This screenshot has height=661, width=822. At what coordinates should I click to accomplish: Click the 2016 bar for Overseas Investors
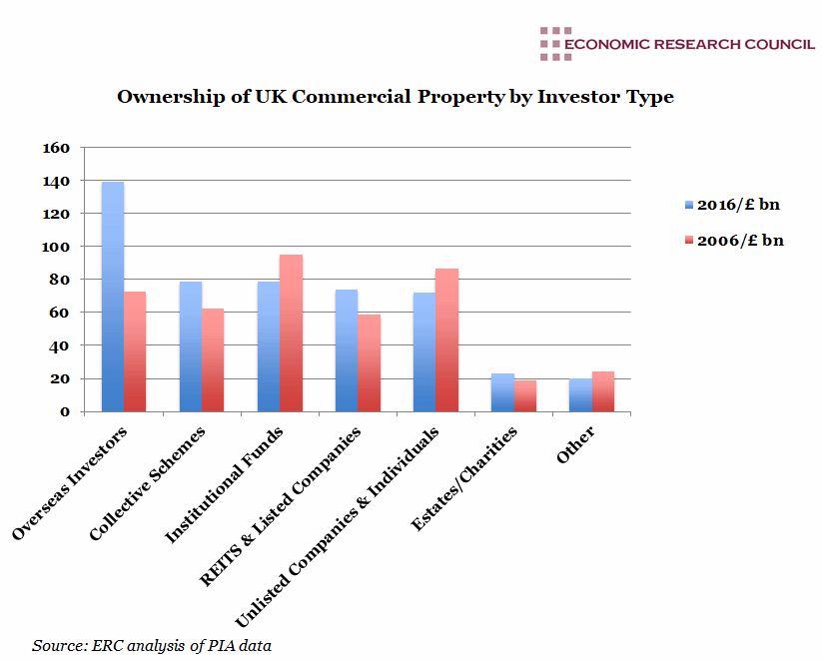[112, 297]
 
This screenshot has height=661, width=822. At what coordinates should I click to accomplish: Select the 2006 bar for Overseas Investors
[135, 351]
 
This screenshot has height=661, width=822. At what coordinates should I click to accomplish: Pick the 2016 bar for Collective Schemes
[190, 346]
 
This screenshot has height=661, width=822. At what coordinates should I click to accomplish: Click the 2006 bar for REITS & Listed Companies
[369, 362]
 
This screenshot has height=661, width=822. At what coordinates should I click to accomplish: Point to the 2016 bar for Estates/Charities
[501, 392]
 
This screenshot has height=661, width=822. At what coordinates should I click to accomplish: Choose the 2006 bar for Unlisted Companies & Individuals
[446, 339]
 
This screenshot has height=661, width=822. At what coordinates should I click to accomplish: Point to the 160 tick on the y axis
[57, 148]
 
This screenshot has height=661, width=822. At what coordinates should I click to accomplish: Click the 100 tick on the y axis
[57, 247]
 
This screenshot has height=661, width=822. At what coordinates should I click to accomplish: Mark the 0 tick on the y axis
[64, 411]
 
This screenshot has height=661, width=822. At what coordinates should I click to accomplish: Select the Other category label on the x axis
[578, 446]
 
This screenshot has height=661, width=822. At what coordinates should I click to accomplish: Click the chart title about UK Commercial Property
[396, 97]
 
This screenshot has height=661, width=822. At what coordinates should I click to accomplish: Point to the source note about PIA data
[152, 645]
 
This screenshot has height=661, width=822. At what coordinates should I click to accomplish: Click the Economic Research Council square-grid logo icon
[550, 44]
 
